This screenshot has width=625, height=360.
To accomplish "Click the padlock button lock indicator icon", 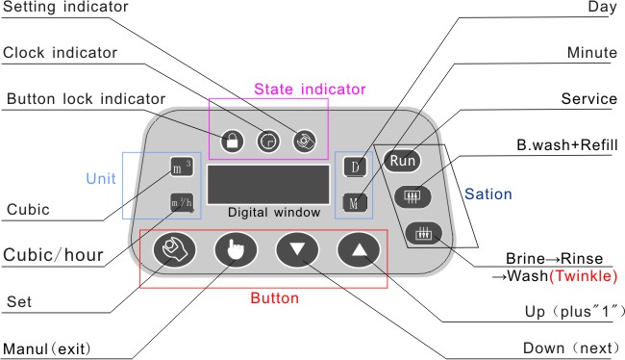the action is pyautogui.click(x=233, y=141).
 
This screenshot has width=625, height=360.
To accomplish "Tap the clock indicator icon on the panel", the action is pyautogui.click(x=268, y=141).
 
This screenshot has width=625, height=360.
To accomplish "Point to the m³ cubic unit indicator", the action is pyautogui.click(x=182, y=167).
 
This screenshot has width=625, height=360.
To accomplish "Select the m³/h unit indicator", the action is pyautogui.click(x=182, y=203).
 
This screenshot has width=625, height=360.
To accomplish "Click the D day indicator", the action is pyautogui.click(x=355, y=167).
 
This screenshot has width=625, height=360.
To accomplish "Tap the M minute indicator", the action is pyautogui.click(x=355, y=203).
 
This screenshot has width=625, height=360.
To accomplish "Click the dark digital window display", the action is pyautogui.click(x=268, y=185).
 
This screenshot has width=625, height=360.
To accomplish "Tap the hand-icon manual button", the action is pyautogui.click(x=236, y=250).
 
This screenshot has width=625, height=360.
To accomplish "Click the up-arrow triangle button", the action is pyautogui.click(x=359, y=250).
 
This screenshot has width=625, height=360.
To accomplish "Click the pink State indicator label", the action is pyautogui.click(x=310, y=89).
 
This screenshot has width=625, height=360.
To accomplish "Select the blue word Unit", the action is pyautogui.click(x=101, y=178).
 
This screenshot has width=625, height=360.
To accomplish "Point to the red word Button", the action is pyautogui.click(x=275, y=298).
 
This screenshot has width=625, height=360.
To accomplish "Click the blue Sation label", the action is pyautogui.click(x=488, y=194).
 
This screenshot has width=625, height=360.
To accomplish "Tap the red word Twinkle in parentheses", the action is pyautogui.click(x=583, y=276).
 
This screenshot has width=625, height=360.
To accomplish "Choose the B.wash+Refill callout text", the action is pyautogui.click(x=566, y=144).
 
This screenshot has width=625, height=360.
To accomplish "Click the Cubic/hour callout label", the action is pyautogui.click(x=53, y=255).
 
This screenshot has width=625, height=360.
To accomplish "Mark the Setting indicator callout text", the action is pyautogui.click(x=65, y=7).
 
